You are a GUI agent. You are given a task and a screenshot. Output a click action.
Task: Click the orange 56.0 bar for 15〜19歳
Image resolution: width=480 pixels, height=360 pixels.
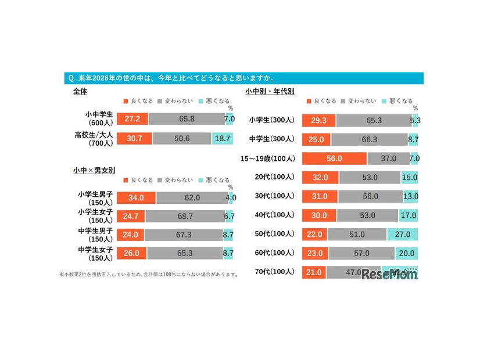coord(335,159)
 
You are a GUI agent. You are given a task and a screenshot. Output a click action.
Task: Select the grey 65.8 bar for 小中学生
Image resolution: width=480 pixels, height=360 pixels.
coord(187,119)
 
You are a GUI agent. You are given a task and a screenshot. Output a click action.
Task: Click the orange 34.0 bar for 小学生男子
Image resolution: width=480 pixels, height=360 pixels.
coord(137,197)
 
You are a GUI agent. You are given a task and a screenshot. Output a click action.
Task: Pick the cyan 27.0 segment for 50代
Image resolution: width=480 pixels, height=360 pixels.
coord(402,234)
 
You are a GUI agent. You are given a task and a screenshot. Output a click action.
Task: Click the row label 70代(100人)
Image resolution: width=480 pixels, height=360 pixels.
coord(275,272)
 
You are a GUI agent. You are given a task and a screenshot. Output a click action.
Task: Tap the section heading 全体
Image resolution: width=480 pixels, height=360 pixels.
coord(80,91)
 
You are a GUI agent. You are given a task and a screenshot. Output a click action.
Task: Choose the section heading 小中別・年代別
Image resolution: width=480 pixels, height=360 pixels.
coord(270,91)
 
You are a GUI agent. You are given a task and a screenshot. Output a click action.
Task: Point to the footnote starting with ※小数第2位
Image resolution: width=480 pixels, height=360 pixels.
coord(148,275)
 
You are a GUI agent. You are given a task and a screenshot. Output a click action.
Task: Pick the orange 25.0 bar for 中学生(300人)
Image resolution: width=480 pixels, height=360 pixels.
coord(317,139)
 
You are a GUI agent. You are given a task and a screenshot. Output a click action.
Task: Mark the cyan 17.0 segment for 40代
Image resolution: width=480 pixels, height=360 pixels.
coord(408,215)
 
